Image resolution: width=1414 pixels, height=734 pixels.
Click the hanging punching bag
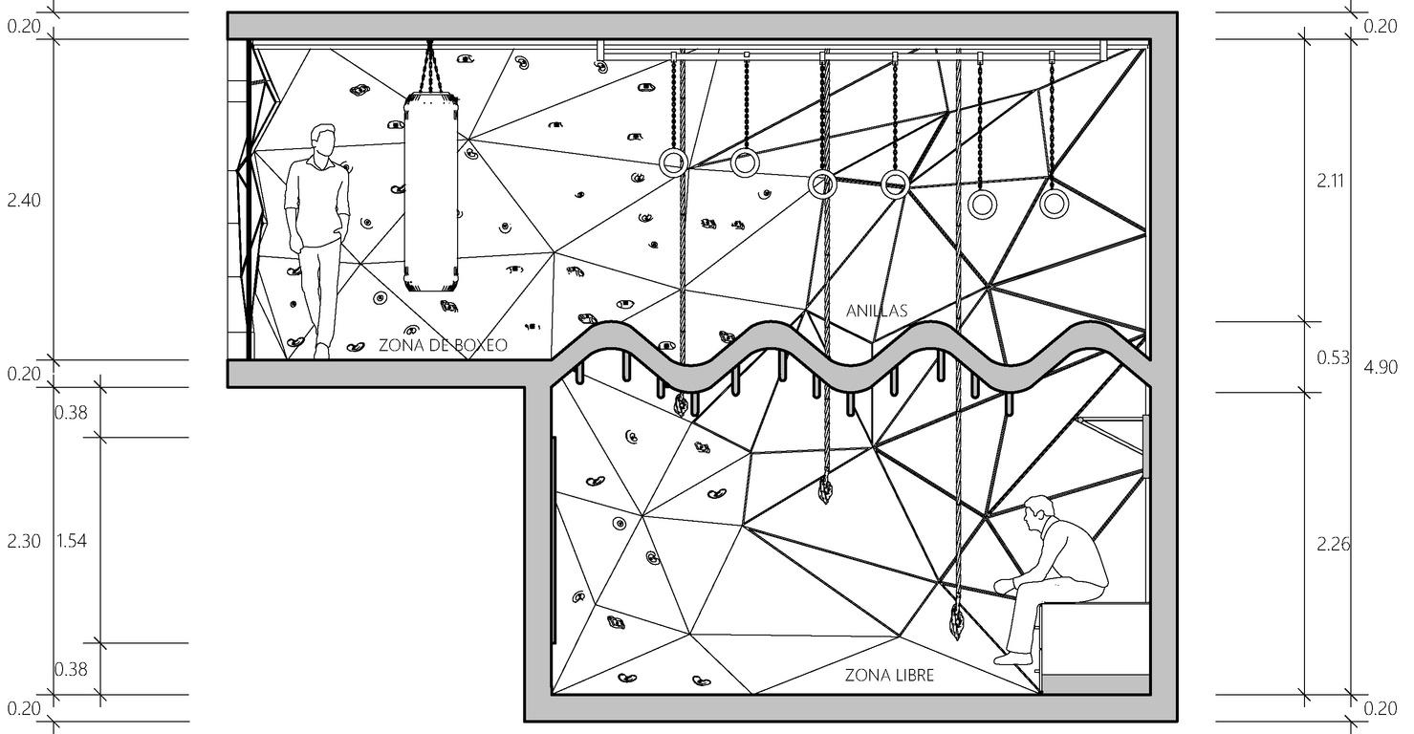point(430,191)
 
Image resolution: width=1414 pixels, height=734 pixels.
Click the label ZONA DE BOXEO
point(443,345)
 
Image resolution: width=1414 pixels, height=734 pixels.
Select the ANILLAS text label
point(876,311)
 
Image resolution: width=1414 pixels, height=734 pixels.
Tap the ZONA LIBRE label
point(889,676)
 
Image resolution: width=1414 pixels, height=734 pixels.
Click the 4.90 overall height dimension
point(1380,367)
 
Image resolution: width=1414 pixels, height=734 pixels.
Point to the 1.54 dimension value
point(71,541)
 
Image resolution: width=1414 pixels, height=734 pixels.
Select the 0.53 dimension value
point(1333,358)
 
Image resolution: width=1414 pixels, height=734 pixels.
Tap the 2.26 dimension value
point(1333,544)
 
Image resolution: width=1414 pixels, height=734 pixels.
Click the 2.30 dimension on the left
point(24,541)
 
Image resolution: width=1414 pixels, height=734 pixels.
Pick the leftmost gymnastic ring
point(673,162)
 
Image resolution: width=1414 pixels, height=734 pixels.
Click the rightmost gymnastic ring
point(1054,203)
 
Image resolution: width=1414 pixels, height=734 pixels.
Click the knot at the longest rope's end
point(955,621)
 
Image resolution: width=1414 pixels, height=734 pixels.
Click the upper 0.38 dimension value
point(71,413)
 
